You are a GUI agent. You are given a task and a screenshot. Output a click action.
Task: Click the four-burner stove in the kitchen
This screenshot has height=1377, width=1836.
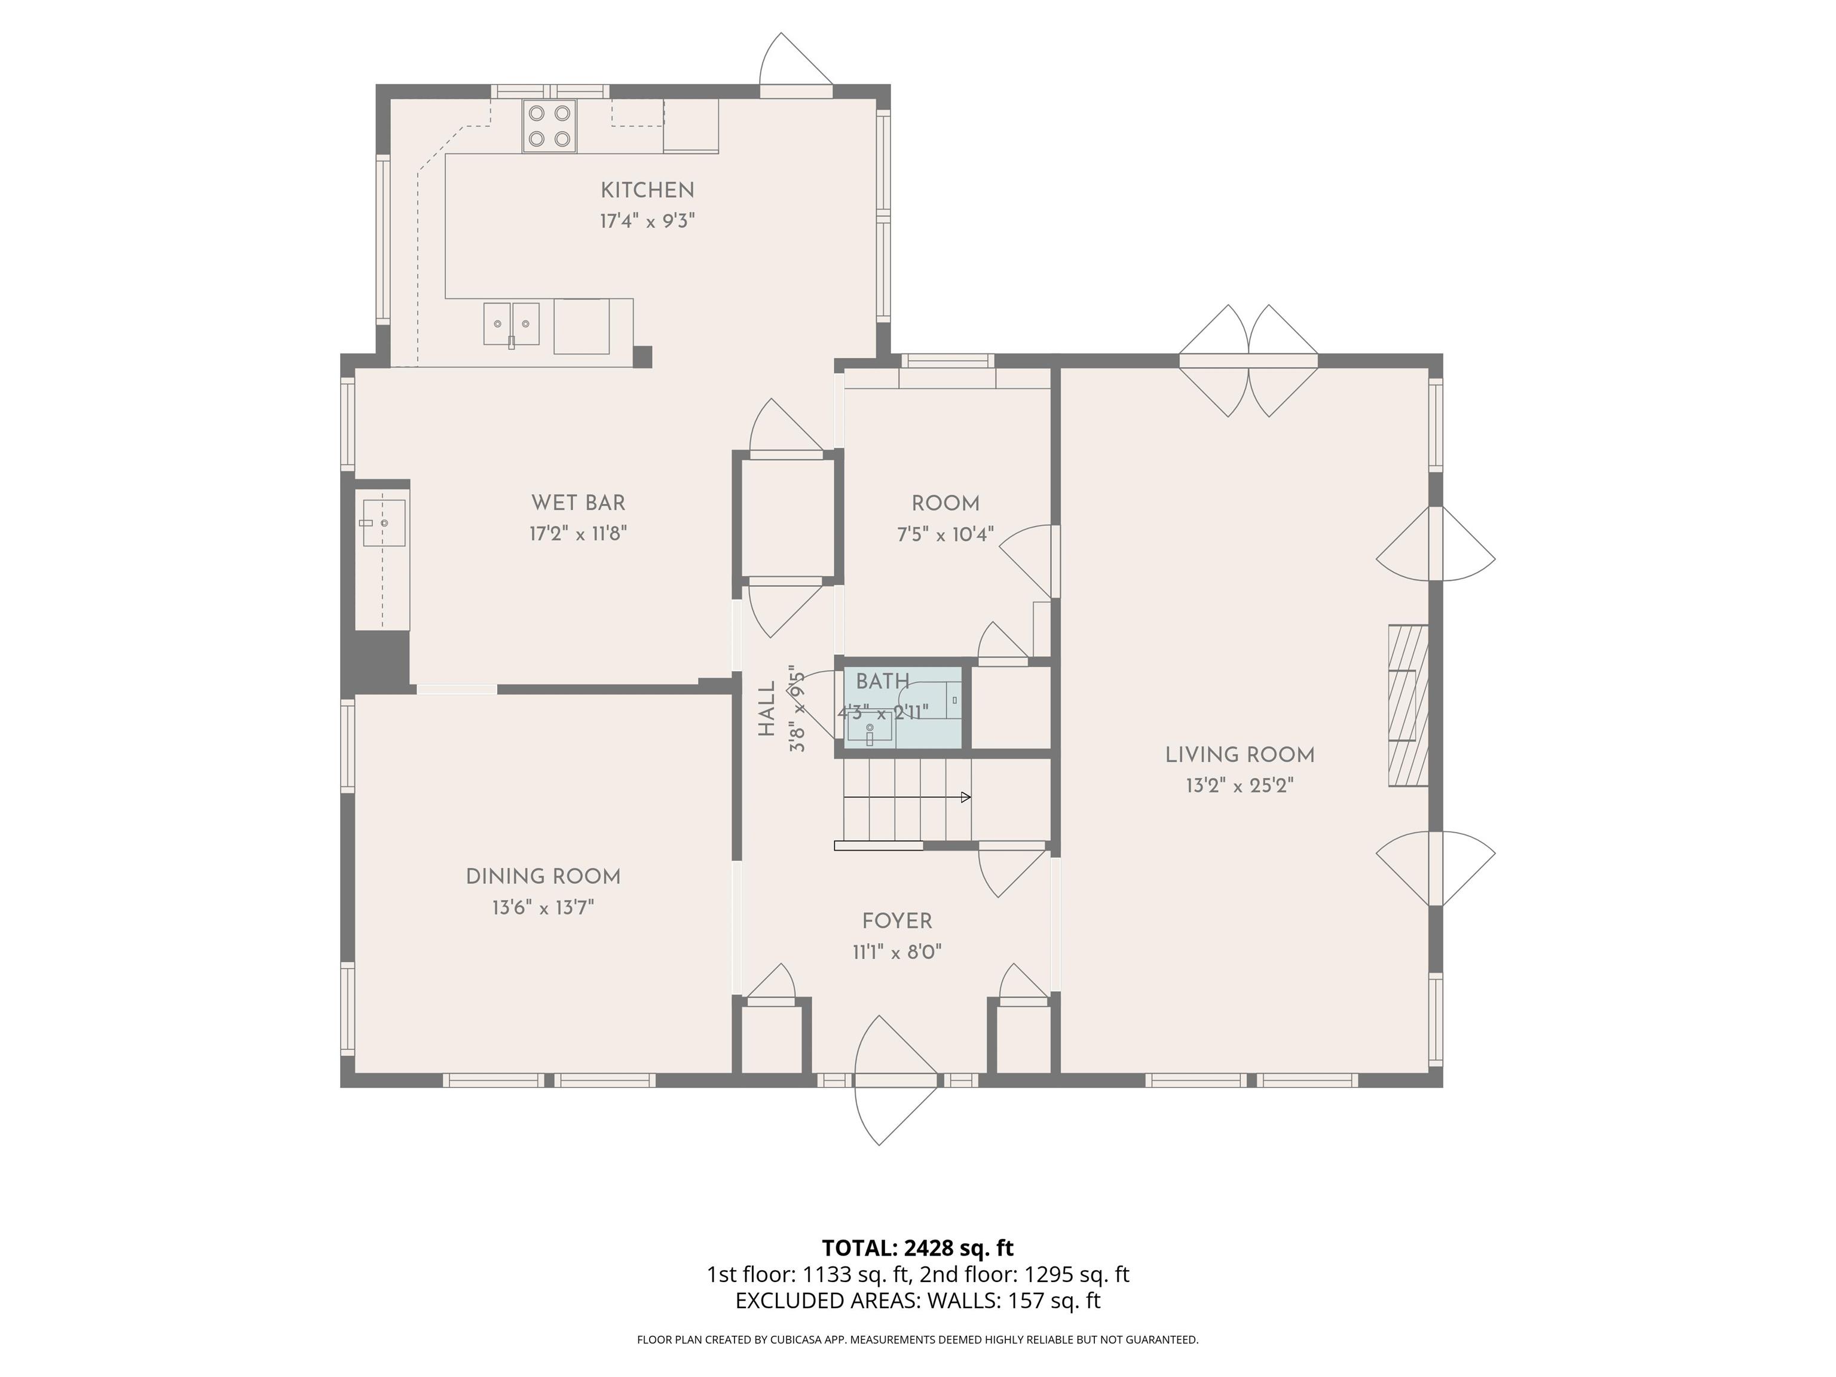[x=549, y=126]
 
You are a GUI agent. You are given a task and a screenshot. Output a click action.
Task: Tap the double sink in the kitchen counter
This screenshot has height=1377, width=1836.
[x=511, y=324]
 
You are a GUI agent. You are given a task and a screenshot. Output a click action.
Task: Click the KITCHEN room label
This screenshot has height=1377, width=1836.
[x=647, y=190]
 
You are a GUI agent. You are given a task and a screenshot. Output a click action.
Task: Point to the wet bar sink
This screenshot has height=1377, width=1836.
[x=382, y=523]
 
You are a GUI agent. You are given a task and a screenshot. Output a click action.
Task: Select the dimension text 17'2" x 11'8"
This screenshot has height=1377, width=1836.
[x=578, y=533]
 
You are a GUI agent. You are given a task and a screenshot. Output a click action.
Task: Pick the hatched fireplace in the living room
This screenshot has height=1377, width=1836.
[x=1409, y=705]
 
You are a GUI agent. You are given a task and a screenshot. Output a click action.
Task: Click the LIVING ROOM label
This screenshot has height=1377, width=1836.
[x=1240, y=755]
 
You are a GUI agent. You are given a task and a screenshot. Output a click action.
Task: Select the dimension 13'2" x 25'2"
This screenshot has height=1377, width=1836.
[x=1240, y=785]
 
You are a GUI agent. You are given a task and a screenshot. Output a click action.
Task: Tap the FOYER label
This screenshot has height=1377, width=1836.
[x=897, y=922]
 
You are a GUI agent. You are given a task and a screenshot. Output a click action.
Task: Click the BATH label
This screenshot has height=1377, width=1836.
[x=882, y=681]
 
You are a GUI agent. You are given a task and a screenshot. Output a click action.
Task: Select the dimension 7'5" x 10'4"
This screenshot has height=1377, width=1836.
[x=945, y=534]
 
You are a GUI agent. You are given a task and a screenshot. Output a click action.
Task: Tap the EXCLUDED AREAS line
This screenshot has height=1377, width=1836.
[x=918, y=1300]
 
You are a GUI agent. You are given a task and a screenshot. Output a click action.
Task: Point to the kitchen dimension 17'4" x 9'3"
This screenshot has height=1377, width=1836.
[x=647, y=221]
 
